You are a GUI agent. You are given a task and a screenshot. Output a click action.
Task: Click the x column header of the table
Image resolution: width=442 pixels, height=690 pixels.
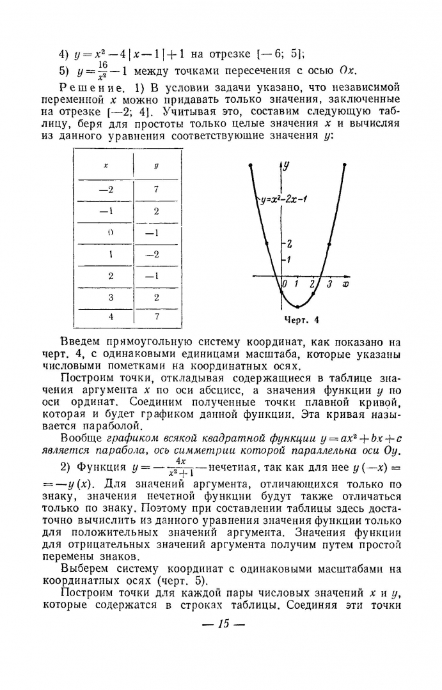click(x=106, y=165)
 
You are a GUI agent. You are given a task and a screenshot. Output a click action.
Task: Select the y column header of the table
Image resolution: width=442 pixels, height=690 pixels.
click(x=156, y=165)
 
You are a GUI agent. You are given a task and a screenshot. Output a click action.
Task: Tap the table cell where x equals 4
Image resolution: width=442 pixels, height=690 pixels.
click(x=110, y=317)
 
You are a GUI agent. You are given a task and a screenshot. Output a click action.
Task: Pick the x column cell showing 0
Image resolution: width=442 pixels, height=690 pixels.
click(x=110, y=233)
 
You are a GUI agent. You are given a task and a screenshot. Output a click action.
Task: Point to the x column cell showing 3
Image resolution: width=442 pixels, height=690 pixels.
click(x=110, y=296)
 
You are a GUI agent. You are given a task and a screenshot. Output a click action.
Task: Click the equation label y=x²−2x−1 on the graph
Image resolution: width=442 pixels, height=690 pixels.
click(x=285, y=199)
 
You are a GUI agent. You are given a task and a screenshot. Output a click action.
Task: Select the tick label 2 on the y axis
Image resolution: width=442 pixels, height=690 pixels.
click(x=289, y=244)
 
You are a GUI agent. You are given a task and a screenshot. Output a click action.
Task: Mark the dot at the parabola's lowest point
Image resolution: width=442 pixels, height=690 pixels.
click(x=297, y=307)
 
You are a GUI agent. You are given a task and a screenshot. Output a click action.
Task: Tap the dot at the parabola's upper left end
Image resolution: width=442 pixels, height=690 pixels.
click(x=250, y=165)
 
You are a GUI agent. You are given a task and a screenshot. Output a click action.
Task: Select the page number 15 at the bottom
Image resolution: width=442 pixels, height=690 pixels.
click(x=223, y=624)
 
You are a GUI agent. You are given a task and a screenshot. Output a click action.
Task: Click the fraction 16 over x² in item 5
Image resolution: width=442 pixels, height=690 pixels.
click(x=93, y=70)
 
